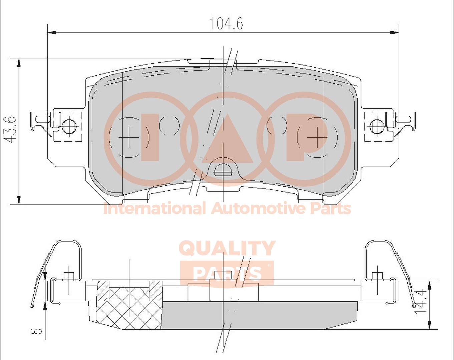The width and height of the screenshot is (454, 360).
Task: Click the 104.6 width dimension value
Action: (226, 23)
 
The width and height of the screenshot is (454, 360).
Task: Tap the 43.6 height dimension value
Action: (10, 129)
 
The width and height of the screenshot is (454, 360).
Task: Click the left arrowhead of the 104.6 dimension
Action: (52, 33)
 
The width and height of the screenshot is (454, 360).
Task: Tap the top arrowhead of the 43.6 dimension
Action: (19, 63)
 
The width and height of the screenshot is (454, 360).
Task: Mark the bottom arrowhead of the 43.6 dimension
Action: (19, 200)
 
